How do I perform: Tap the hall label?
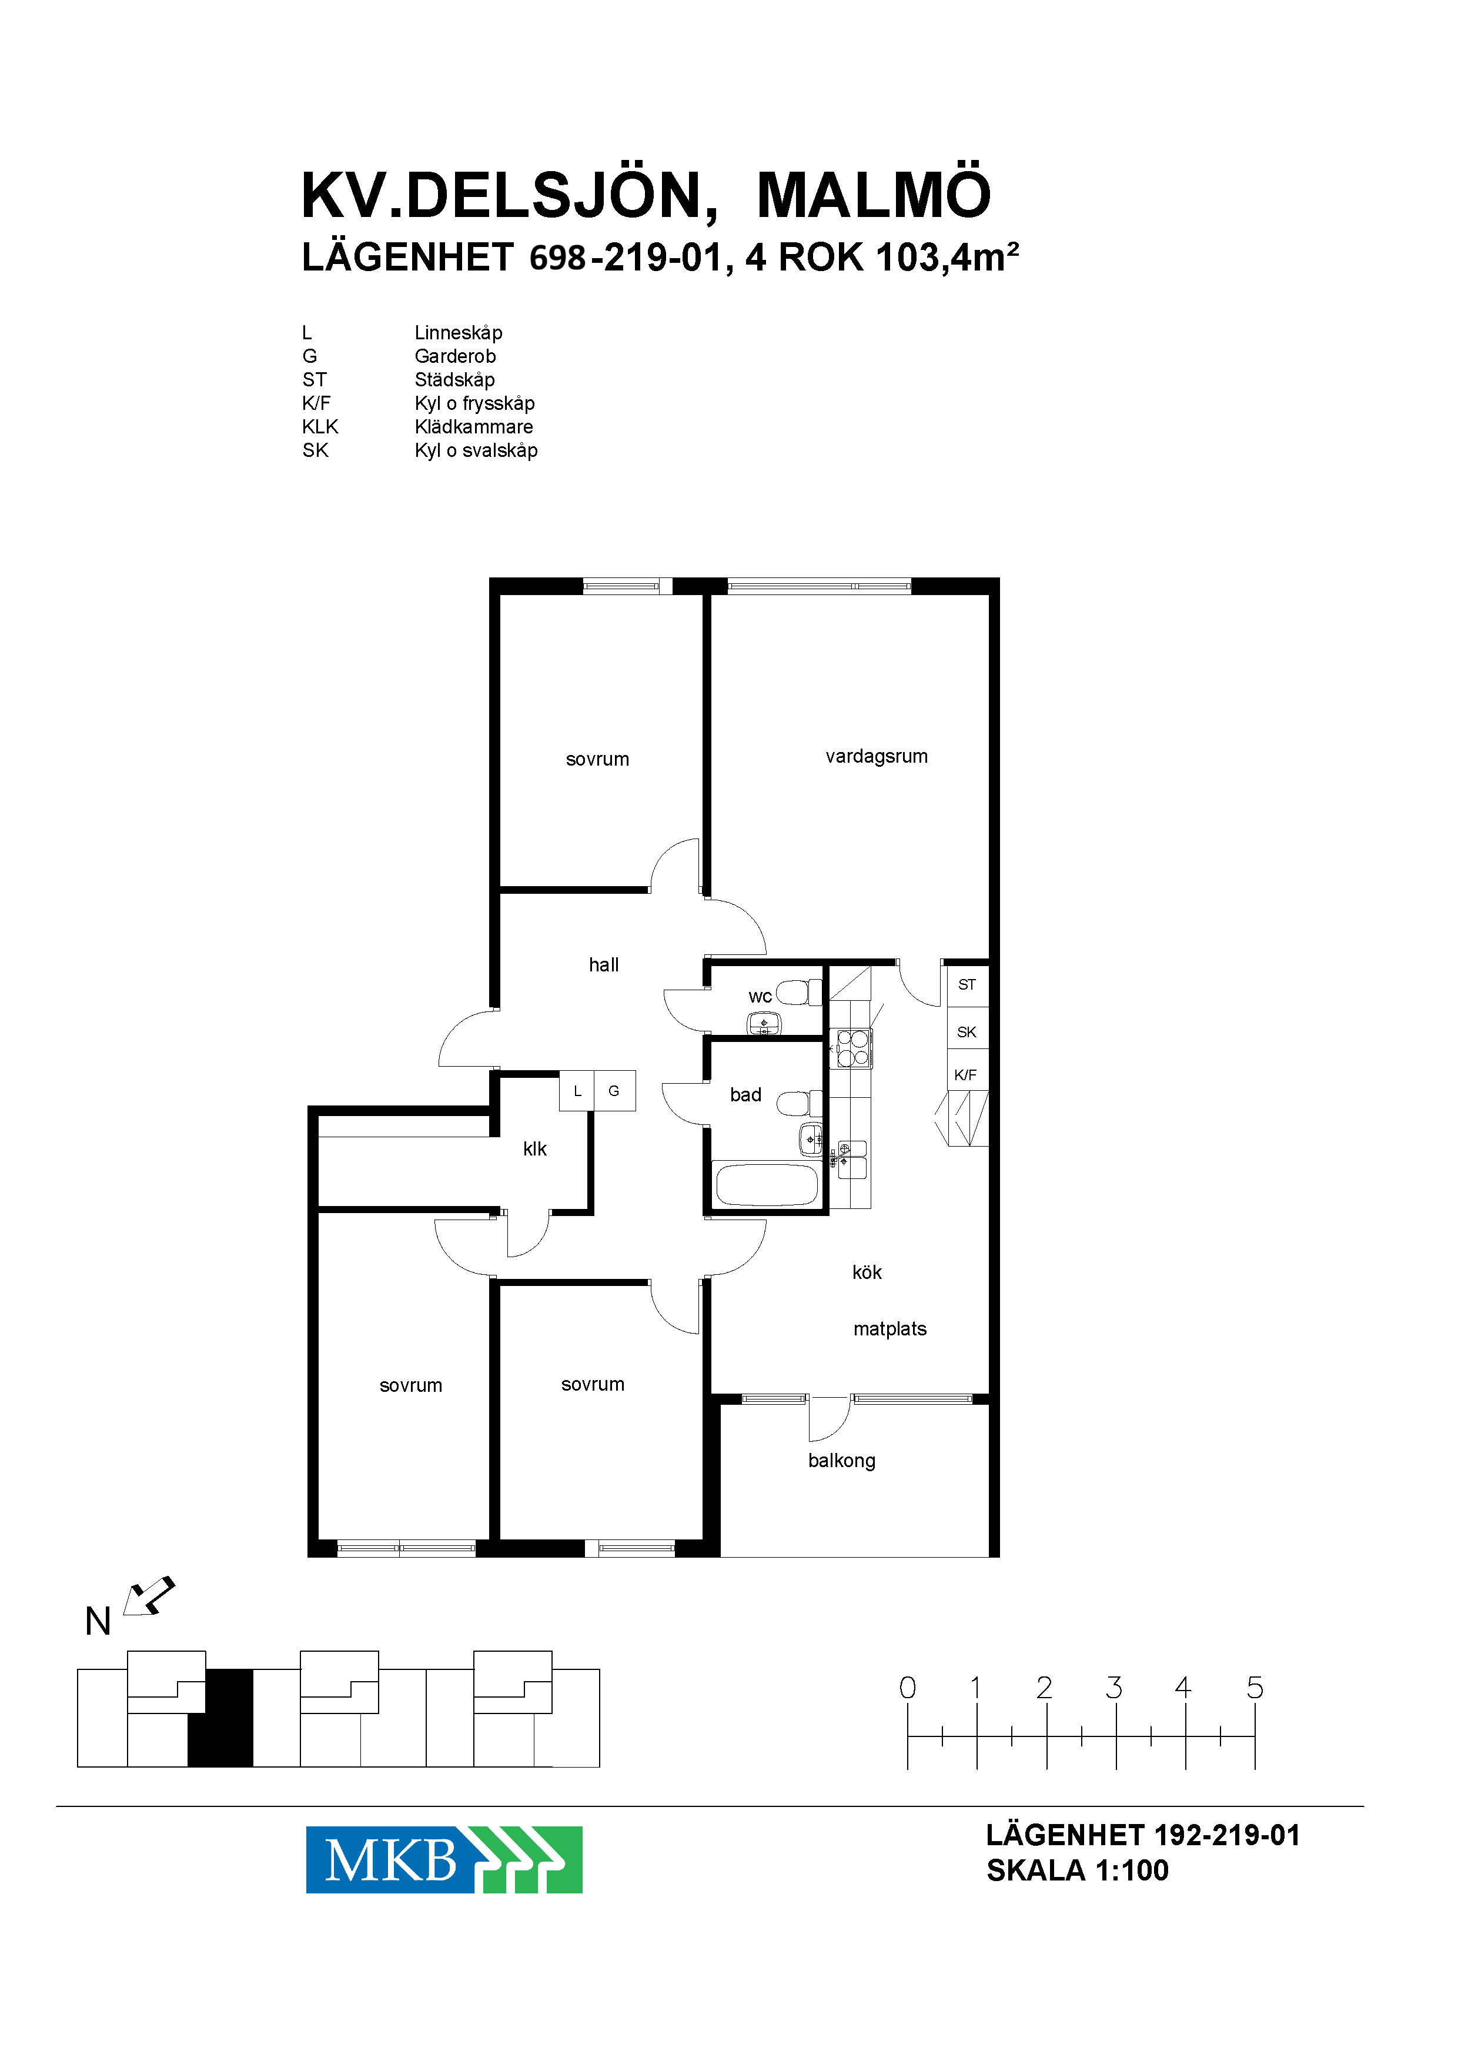603,964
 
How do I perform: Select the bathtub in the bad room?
766,1184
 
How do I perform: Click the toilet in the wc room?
798,993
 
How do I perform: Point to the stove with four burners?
853,1048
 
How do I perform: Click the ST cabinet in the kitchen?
968,985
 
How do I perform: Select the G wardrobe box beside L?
614,1091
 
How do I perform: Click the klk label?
534,1148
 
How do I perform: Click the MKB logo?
443,1860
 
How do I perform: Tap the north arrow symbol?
148,1596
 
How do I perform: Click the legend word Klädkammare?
473,426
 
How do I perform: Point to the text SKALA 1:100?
1078,1870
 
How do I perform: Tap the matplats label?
889,1329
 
